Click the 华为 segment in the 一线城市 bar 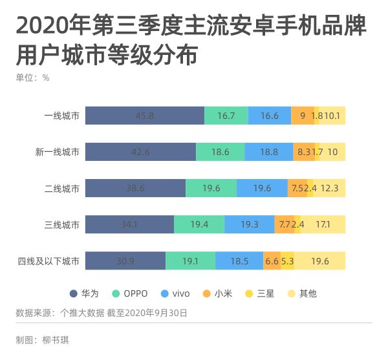tap(145, 116)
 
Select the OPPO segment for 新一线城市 tap(220, 152)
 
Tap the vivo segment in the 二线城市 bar tap(262, 188)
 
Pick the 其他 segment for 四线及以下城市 tap(320, 261)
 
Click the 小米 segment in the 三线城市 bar tap(283, 225)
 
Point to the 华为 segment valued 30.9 tap(125, 261)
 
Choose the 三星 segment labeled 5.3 tap(288, 261)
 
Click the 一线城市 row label tap(61, 116)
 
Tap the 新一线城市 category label tap(58, 153)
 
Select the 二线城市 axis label tap(61, 189)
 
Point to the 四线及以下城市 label tap(49, 262)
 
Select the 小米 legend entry tap(217, 293)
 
